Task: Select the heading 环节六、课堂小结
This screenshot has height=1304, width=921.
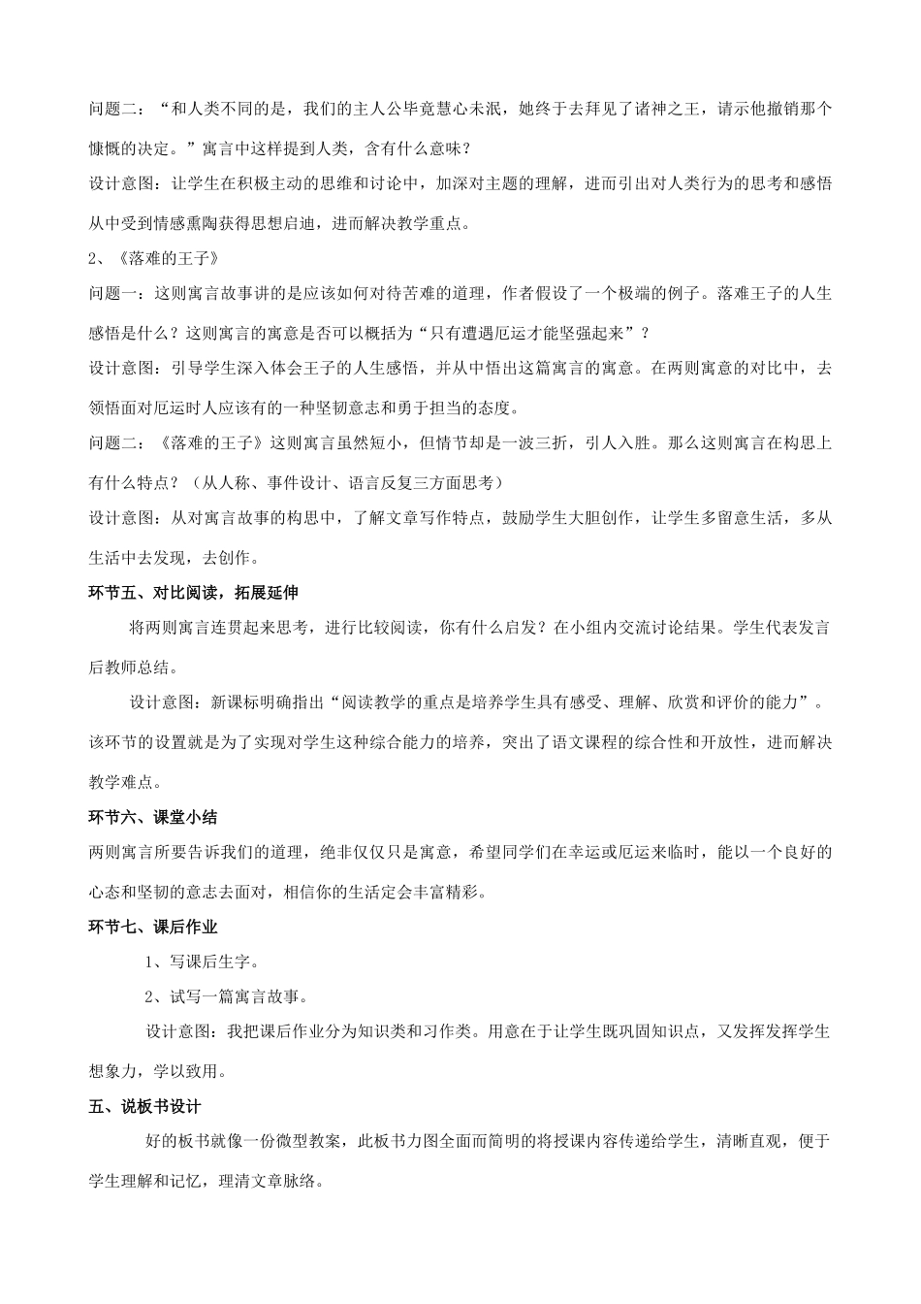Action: (x=152, y=818)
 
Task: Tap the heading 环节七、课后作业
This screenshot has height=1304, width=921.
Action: (x=152, y=928)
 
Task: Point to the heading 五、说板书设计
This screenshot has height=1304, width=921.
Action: (x=143, y=1107)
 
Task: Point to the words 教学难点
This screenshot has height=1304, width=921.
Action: (x=122, y=782)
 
